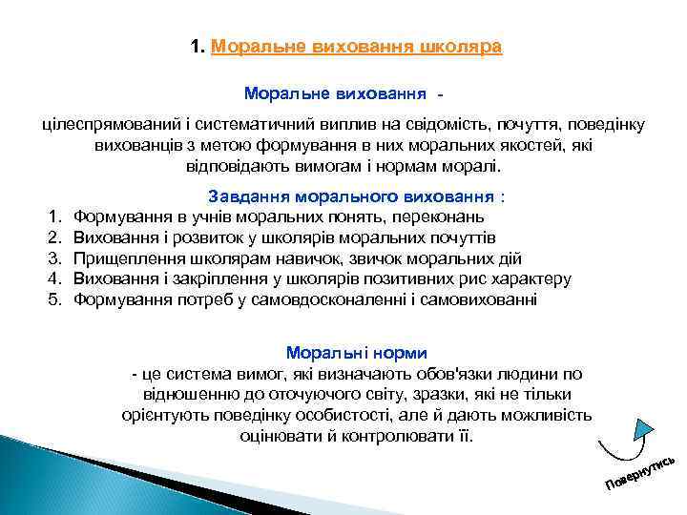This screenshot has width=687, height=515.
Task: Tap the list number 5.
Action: click(x=55, y=299)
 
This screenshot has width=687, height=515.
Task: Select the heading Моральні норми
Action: click(x=357, y=352)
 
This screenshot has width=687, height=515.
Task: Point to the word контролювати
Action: click(x=391, y=436)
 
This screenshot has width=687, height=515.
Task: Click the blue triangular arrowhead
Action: click(x=644, y=428)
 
